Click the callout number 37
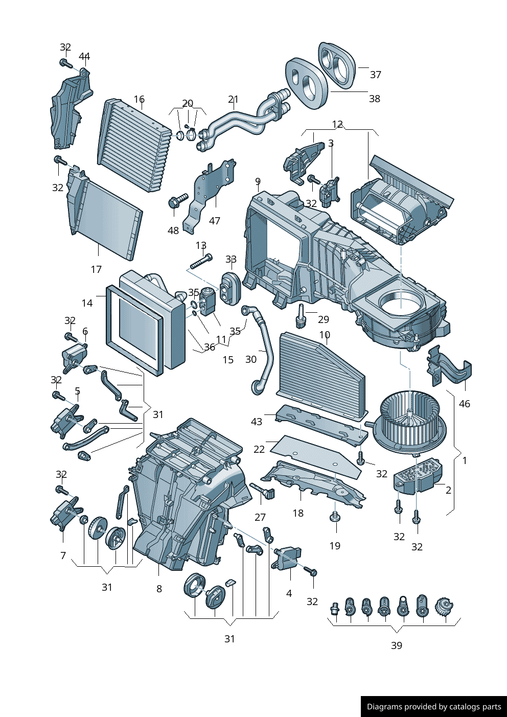[376, 75]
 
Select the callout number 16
[139, 100]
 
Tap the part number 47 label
[215, 221]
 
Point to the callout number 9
[258, 182]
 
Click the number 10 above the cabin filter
[325, 335]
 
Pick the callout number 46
[464, 404]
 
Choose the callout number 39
[397, 645]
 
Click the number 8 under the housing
[159, 589]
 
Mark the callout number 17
[96, 269]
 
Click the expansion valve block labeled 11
[208, 302]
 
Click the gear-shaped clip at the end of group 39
[444, 607]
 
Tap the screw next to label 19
[335, 517]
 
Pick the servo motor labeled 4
[288, 557]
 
